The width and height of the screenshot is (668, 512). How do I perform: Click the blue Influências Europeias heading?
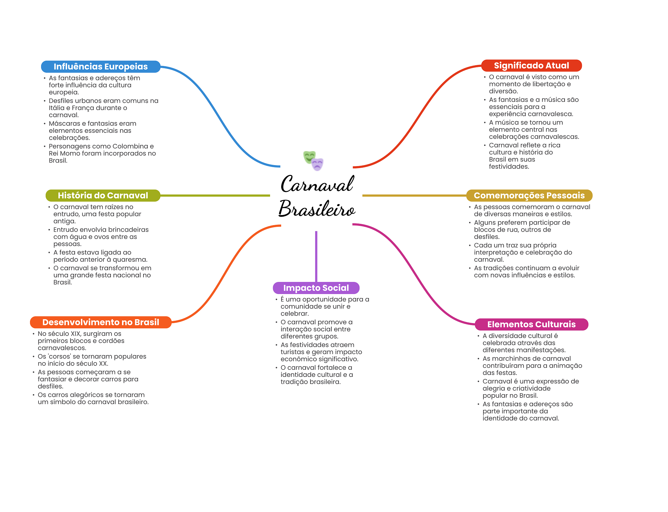pyautogui.click(x=101, y=67)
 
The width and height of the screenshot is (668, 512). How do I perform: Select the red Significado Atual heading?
pyautogui.click(x=531, y=66)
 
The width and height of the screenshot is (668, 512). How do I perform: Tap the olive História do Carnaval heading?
pyautogui.click(x=103, y=195)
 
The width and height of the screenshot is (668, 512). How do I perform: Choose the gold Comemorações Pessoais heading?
pyautogui.click(x=529, y=195)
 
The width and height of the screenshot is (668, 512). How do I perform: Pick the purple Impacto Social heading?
pyautogui.click(x=316, y=288)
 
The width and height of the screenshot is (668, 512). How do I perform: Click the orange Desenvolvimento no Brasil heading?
pyautogui.click(x=101, y=322)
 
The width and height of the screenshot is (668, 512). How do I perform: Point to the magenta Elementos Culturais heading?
pyautogui.click(x=531, y=324)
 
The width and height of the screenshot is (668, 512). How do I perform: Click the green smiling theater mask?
pyautogui.click(x=309, y=157)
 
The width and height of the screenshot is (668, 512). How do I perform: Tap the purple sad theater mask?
pyautogui.click(x=317, y=164)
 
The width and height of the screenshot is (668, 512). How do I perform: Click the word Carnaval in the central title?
pyautogui.click(x=317, y=184)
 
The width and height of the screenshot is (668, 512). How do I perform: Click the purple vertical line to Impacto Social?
pyautogui.click(x=316, y=256)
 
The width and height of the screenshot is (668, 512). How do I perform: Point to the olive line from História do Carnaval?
pyautogui.click(x=215, y=195)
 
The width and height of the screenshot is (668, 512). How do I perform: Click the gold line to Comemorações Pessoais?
pyautogui.click(x=414, y=195)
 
